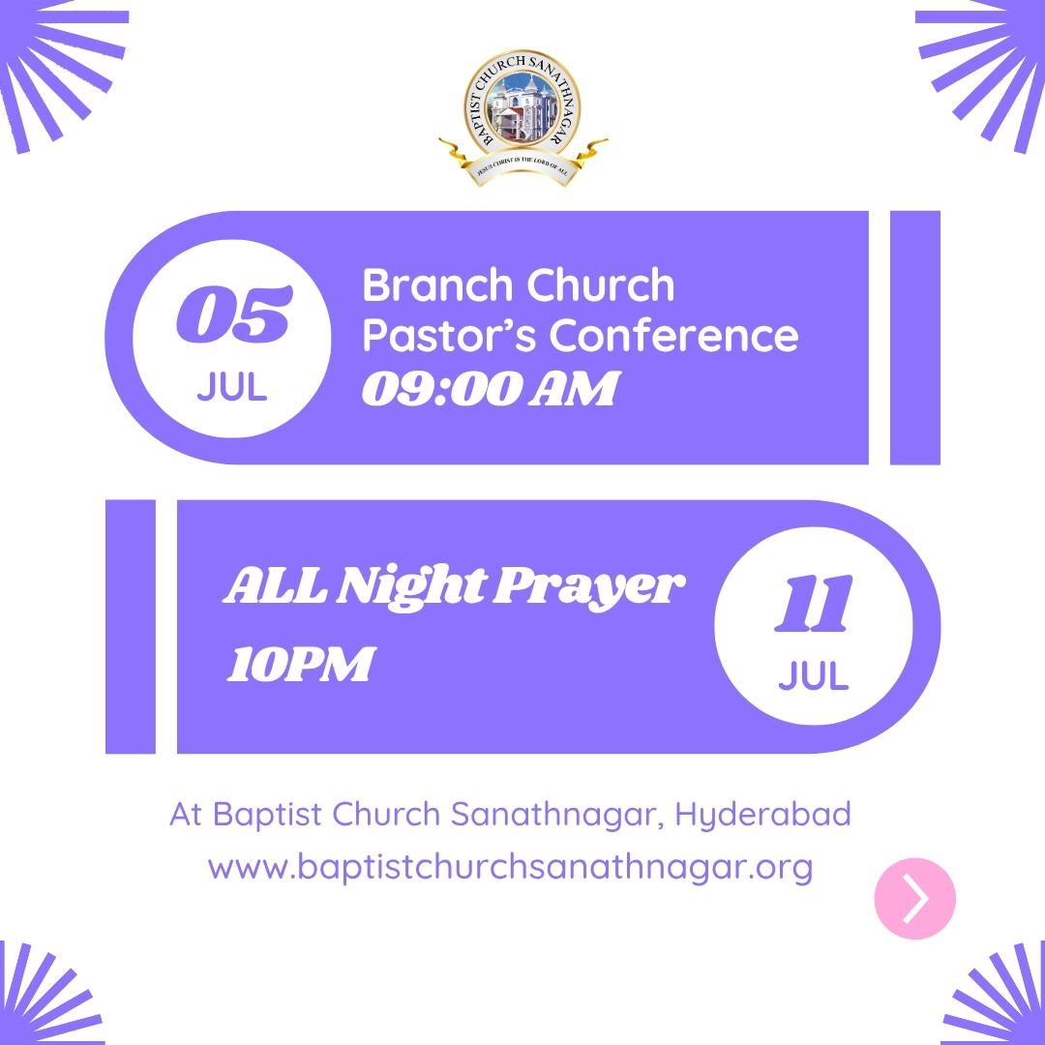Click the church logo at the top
[522, 118]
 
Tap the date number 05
[234, 313]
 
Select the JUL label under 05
[232, 386]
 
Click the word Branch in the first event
[436, 285]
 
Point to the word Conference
[673, 335]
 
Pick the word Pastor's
[449, 335]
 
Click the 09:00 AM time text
[492, 389]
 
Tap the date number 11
[813, 603]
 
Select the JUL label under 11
[814, 675]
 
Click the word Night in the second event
[411, 587]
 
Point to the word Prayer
[589, 587]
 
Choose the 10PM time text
[302, 664]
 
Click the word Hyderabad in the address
[763, 815]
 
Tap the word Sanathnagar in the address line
[556, 815]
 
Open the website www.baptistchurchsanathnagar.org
[511, 868]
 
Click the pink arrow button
[915, 898]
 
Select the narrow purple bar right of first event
[915, 338]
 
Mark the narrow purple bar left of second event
[131, 626]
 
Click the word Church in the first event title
[601, 285]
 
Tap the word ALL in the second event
[275, 586]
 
